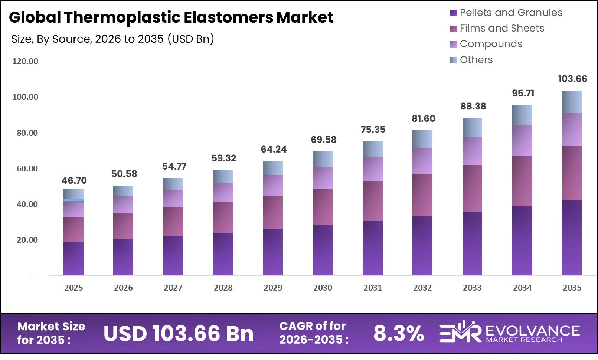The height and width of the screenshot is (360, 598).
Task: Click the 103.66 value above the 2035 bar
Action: (x=572, y=79)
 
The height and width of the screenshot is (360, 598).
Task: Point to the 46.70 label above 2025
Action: (x=74, y=180)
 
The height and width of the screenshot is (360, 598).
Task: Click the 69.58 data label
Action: (x=323, y=140)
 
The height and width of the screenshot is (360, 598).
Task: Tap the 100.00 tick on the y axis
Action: (x=25, y=97)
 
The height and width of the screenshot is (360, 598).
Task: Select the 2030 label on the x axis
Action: (x=323, y=288)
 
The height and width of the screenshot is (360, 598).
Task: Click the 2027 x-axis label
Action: (x=173, y=288)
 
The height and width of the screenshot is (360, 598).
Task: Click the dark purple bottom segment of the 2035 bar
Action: (x=572, y=238)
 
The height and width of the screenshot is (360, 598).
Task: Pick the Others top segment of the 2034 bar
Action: (x=522, y=115)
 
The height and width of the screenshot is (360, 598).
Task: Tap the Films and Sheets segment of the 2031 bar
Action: (x=372, y=201)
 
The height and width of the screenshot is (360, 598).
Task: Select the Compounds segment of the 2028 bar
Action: (x=223, y=192)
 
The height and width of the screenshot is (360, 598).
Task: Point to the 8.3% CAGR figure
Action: (x=398, y=333)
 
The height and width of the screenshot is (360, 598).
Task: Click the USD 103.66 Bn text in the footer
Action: (x=179, y=333)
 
